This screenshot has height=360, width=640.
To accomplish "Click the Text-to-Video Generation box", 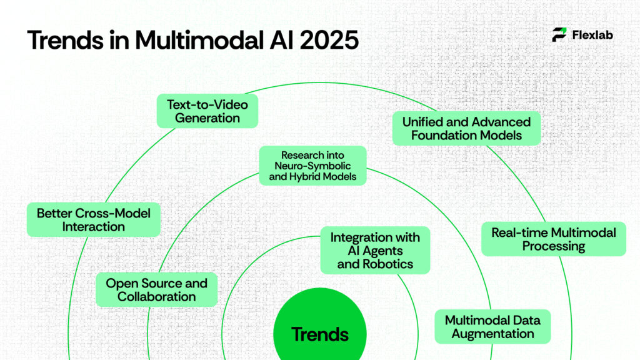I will pos(207,111).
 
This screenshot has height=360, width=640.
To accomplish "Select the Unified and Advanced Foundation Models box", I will pos(466,128).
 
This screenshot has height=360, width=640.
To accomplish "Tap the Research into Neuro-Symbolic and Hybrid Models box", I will pos(312,166).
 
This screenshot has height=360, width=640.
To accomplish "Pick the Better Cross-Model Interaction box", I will pos(93,220).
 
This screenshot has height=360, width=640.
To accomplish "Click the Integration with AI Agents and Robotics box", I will pos(375,250).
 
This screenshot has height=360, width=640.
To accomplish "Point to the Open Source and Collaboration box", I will pos(156,289).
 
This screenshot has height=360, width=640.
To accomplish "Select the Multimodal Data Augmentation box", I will pos(492,326).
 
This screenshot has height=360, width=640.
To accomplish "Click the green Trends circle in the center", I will pos(319,331).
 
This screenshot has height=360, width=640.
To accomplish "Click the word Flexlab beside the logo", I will pos(592,35).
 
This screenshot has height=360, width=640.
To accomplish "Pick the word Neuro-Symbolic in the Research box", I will pos(312,166).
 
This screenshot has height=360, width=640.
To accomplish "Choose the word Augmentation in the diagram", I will pos(492,334).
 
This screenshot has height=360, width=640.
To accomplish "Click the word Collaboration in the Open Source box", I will pos(156,296).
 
